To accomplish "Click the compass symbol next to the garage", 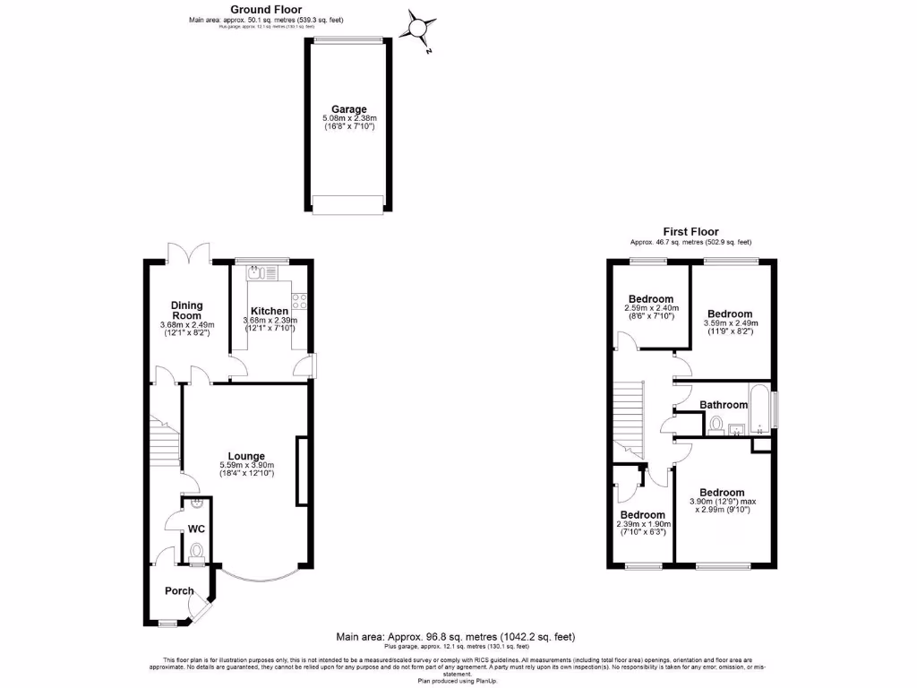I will (418, 28).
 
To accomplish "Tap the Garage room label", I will (349, 109).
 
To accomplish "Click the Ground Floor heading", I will (266, 9).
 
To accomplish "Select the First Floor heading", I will (690, 231).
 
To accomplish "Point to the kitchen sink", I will (260, 271).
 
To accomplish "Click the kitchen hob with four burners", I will (299, 301).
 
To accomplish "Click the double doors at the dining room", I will (188, 254).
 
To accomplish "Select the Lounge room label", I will (246, 455).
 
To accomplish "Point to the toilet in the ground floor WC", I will (196, 551).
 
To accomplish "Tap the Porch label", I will (179, 590).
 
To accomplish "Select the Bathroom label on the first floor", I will (724, 405).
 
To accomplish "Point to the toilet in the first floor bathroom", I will (715, 426).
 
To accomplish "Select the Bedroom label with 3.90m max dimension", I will (722, 492).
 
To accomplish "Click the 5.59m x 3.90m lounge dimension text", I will (246, 465).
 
